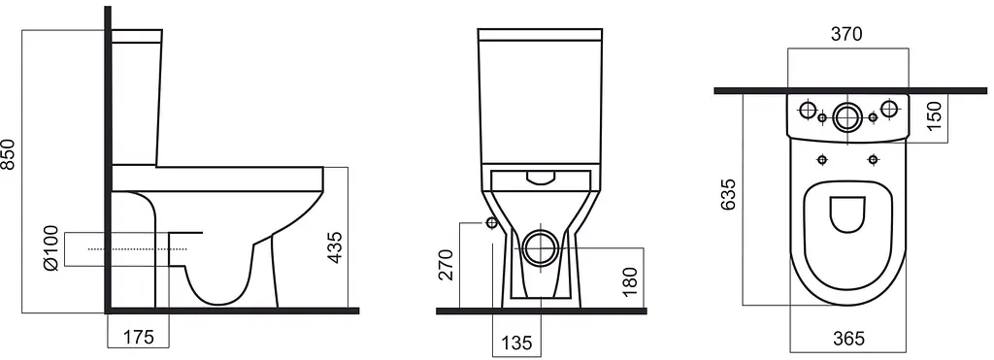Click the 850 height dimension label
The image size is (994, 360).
(8, 153)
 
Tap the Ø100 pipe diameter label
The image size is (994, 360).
(52, 248)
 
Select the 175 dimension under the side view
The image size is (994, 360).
(138, 337)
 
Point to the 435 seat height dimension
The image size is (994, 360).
(335, 247)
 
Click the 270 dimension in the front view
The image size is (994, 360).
(447, 265)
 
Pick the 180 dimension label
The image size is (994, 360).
(629, 281)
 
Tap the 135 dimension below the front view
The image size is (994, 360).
(516, 343)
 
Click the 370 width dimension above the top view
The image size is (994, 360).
(846, 34)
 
